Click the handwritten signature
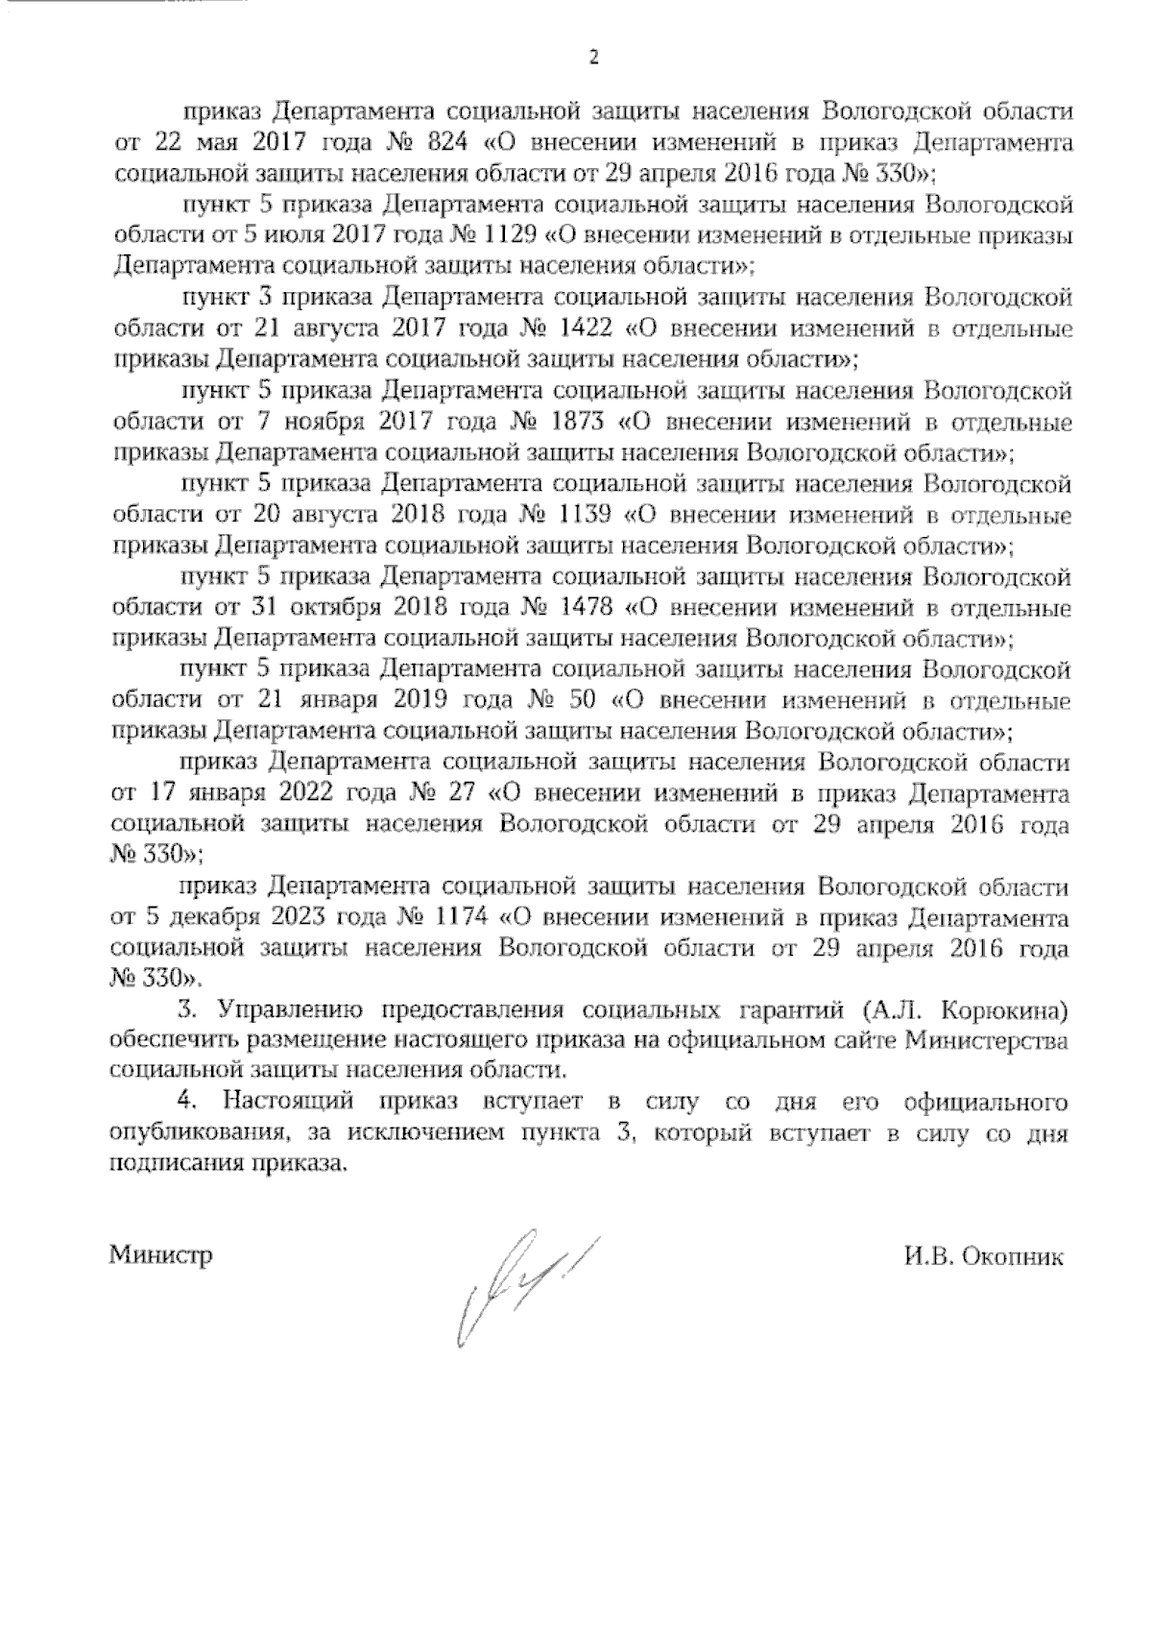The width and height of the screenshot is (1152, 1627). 524,1286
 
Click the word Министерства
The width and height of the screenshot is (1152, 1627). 987,1043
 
